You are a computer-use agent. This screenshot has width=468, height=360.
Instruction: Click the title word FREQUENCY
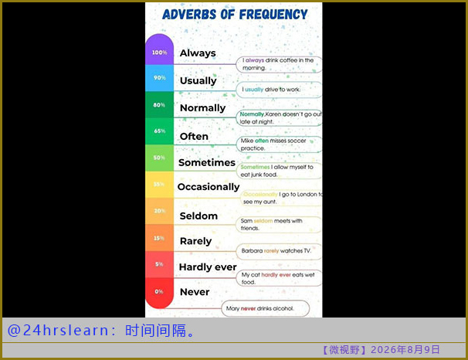point(273,15)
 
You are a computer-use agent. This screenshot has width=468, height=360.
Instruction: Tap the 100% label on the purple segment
point(159,53)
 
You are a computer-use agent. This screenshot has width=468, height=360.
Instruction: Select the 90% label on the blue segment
point(160,77)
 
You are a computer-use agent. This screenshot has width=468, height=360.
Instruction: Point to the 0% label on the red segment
point(159,291)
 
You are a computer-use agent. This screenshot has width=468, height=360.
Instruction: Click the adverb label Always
point(198,53)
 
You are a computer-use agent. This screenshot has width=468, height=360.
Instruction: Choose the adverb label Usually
point(198,80)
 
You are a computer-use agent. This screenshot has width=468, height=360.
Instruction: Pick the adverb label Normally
point(202,108)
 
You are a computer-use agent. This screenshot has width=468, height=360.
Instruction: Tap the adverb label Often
point(194,137)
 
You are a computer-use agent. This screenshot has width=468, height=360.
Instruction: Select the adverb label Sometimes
point(207,162)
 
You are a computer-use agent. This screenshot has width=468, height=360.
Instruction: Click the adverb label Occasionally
point(209,187)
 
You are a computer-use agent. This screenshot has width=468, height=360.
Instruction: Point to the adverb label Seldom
point(198,216)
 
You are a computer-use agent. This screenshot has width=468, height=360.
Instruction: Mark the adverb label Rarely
point(195,241)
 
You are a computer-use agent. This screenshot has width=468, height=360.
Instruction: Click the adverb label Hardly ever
point(208,267)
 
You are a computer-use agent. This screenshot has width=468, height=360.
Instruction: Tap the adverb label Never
point(195,292)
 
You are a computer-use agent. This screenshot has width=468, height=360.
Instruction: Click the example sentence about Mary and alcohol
point(260,308)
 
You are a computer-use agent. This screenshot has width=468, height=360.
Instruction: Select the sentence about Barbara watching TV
point(276,251)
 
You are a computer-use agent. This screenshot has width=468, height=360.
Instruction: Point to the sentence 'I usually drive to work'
point(271,90)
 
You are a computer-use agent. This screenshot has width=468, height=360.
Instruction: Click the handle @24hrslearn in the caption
point(58,331)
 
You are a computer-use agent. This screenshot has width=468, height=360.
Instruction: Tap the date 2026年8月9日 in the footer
point(405,349)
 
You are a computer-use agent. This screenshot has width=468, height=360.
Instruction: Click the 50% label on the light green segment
point(159,158)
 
